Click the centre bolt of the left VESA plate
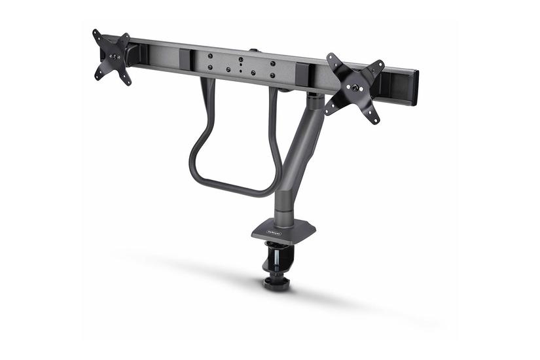[113, 56]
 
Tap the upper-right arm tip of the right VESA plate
[380, 64]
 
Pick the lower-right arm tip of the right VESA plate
[376, 120]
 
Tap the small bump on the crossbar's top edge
[252, 49]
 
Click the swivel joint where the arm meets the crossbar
[315, 101]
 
